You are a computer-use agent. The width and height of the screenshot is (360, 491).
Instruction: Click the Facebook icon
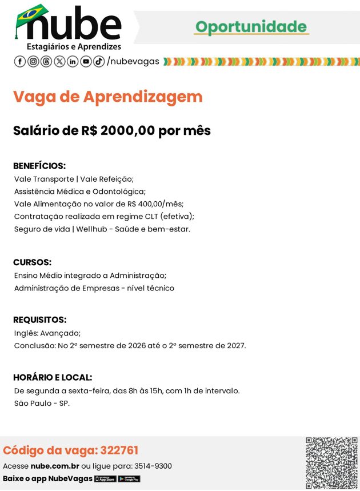19,62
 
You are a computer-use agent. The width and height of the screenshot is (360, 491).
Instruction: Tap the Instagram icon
33,62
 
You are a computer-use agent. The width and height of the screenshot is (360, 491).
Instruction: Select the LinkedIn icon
73,62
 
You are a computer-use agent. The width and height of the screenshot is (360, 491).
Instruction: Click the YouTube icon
86,62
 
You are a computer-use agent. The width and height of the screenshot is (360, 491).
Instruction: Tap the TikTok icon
99,62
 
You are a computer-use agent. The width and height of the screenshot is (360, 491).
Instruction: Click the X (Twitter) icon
59,62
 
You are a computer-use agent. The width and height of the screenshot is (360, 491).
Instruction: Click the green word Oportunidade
251,26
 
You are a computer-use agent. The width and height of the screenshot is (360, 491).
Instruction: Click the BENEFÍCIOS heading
39,166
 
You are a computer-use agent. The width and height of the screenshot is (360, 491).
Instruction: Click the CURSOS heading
33,262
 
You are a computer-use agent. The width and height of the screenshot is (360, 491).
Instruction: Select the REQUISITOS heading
39,320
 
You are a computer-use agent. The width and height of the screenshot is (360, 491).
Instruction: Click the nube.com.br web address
55,466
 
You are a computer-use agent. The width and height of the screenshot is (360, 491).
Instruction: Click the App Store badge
105,479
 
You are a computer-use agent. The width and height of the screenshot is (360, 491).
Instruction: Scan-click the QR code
331,463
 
